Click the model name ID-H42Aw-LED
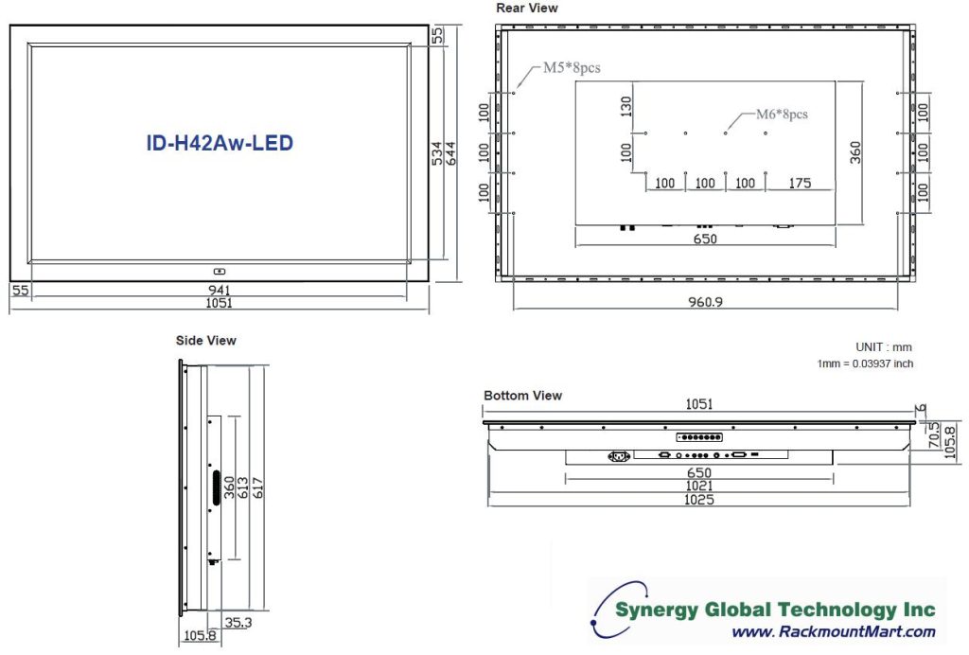pos(220,143)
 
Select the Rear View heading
pos(527,9)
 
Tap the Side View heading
pos(206,340)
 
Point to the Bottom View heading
pos(522,396)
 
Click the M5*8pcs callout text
pos(571,67)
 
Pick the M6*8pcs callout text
pos(781,114)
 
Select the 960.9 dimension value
pos(706,303)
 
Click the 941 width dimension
pos(220,289)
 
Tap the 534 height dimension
pos(437,154)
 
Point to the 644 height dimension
pos(451,154)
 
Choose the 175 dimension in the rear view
pos(800,183)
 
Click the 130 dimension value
pos(625,107)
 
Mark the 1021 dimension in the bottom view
pos(699,486)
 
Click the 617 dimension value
pos(256,488)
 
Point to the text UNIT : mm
pos(883,347)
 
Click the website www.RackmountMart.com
pos(834,632)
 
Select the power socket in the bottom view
pos(620,456)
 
